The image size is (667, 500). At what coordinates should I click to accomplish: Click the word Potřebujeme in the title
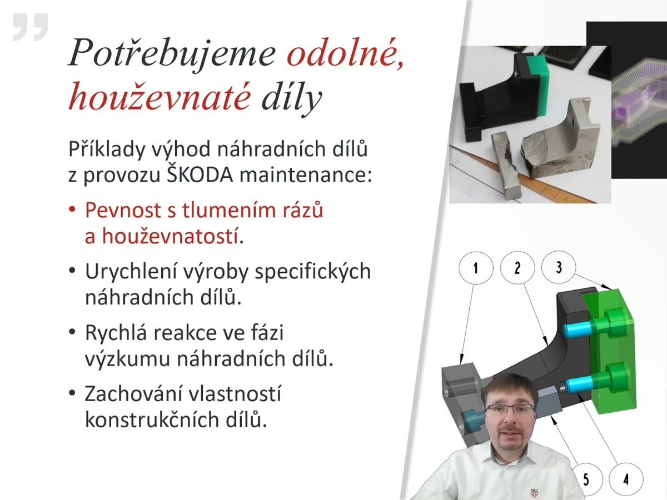(x=172, y=54)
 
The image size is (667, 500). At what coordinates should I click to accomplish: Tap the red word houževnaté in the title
(x=160, y=97)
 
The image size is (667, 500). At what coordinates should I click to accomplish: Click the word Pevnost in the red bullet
(x=123, y=210)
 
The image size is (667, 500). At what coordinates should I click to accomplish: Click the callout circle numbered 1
(x=476, y=268)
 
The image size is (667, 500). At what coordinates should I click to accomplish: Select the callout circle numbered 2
(x=517, y=268)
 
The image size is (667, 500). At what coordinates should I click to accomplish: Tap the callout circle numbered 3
(x=559, y=267)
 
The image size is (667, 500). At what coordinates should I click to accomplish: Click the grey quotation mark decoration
(x=31, y=27)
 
